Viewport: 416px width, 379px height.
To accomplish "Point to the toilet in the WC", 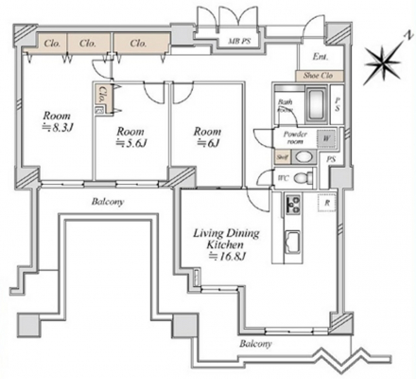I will click(x=302, y=178).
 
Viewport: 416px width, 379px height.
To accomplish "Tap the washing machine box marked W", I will click(x=326, y=136).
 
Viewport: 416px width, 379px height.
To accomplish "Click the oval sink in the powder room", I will click(x=302, y=156).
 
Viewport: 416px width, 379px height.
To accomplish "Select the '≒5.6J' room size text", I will click(x=129, y=143).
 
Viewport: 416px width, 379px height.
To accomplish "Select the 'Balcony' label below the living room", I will click(x=256, y=343).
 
